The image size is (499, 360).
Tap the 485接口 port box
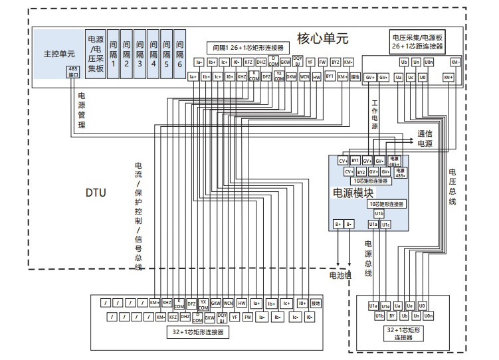pos(74,72)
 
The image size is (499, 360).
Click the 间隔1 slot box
pos(114,53)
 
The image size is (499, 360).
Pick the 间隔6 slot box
pos(179,53)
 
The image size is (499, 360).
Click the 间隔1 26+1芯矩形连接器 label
pos(248,48)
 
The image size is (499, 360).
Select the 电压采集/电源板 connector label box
pos(417,43)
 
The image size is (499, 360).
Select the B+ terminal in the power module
pos(338,225)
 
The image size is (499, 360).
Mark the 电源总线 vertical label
pos(367,258)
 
